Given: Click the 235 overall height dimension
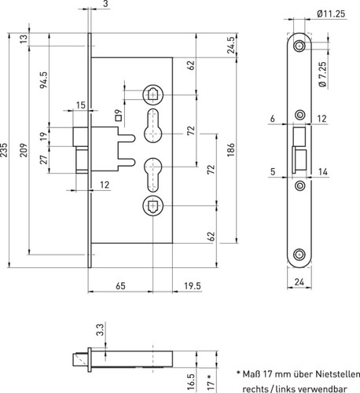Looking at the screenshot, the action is click(x=4, y=150).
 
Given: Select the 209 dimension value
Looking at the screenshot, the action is click(x=24, y=150).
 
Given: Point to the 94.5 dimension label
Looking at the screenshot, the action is click(x=43, y=80).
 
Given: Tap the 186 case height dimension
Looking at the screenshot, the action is click(x=231, y=150).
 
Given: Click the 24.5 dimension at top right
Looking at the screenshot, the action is click(x=231, y=45).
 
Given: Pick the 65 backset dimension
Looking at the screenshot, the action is click(x=120, y=286).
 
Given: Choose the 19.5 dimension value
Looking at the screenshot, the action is click(x=193, y=286).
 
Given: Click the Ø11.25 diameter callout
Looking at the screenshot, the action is click(x=331, y=13).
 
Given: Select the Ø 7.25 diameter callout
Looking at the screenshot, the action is click(x=323, y=75).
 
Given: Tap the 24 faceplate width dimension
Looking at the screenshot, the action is click(x=299, y=282).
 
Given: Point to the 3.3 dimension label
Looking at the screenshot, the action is click(x=100, y=329).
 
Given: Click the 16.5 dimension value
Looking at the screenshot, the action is click(x=192, y=381).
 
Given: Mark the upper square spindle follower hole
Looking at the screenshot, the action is click(x=152, y=94).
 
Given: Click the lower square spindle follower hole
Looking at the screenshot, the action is click(x=152, y=206).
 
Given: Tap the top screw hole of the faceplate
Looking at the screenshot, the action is click(x=299, y=46).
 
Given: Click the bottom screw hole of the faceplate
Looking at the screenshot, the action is click(x=299, y=255).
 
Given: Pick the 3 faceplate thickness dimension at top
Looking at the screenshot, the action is click(x=105, y=4).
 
